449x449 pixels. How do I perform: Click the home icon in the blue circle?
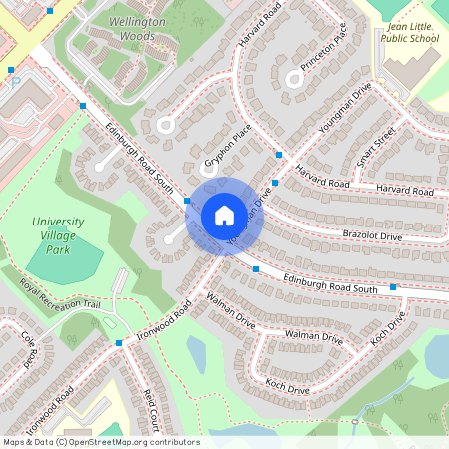(x=224, y=215)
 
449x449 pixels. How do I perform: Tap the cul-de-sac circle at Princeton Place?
(x=294, y=79)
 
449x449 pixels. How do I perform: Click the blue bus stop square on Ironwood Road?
(x=120, y=343)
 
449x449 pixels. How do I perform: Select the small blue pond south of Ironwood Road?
(x=196, y=351)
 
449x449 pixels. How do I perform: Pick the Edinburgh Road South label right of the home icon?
(x=329, y=283)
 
